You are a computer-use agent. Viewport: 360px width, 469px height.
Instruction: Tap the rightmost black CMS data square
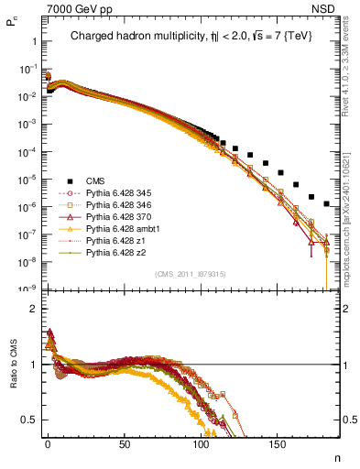point(327,203)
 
